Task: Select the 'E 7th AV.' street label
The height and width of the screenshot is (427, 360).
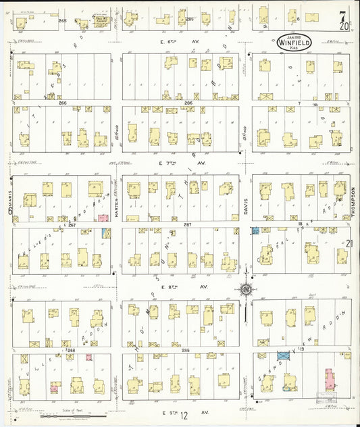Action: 173,164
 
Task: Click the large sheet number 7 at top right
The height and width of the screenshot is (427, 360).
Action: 344,16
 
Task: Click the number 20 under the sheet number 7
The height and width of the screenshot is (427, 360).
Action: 345,27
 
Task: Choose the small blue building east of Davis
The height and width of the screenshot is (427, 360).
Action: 255,230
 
